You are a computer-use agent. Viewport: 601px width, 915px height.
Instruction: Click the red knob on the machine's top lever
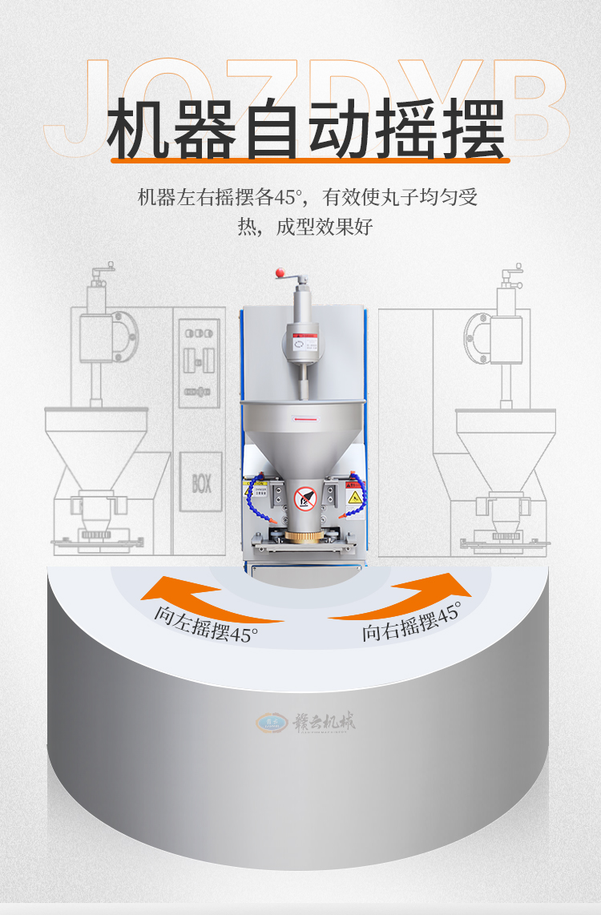tap(280, 273)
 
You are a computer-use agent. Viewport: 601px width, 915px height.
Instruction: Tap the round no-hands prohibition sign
tap(305, 498)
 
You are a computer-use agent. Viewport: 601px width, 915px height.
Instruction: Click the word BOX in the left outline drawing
tap(200, 483)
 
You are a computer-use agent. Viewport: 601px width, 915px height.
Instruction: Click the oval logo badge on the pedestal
tap(270, 723)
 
